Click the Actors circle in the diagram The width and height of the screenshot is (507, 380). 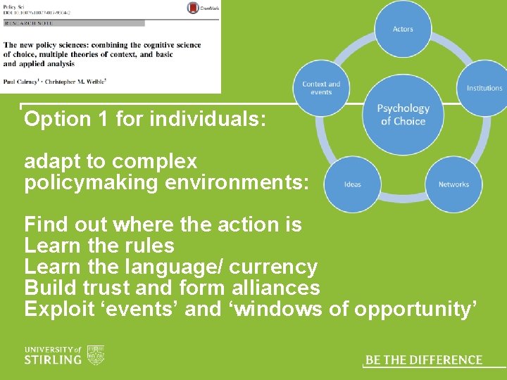click(x=403, y=29)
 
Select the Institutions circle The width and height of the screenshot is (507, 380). click(x=483, y=88)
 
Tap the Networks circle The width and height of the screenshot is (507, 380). click(x=453, y=184)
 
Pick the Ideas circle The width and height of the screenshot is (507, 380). click(x=353, y=184)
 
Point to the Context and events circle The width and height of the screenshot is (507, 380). click(x=321, y=88)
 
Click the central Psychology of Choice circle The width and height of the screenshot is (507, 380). click(x=403, y=115)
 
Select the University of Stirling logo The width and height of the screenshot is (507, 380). click(x=64, y=355)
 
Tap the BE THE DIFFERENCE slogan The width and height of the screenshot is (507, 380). click(x=424, y=360)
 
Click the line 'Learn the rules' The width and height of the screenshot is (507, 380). click(x=99, y=246)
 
